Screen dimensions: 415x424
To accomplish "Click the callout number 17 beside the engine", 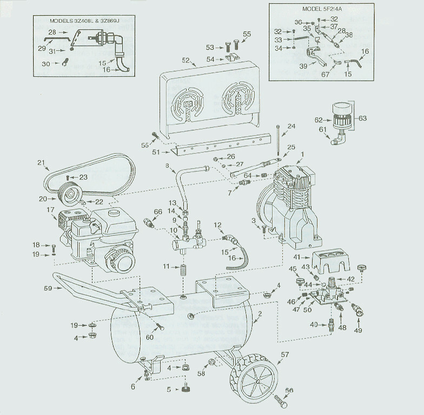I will click(50, 210).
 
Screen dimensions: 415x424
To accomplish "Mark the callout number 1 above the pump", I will click(302, 154).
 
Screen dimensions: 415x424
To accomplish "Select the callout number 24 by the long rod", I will click(291, 127).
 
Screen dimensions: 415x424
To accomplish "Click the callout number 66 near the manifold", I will click(143, 212).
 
